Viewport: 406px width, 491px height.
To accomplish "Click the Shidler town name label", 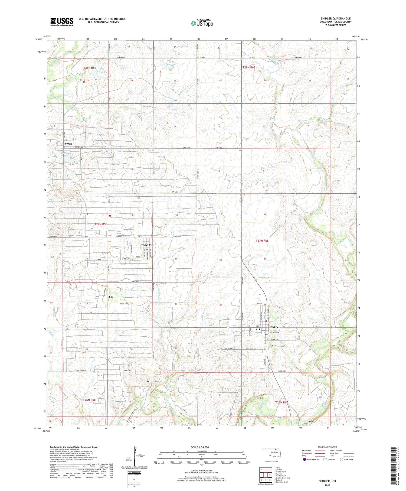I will click(275, 327).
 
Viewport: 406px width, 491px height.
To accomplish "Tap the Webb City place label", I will click(147, 245).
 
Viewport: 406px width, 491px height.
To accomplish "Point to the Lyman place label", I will click(68, 144).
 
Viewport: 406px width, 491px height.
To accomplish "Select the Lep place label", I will click(111, 297).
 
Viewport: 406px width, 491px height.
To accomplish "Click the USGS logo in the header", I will click(62, 22).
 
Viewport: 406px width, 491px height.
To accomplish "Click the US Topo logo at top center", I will click(202, 23).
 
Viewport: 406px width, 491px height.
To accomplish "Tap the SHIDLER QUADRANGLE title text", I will click(336, 18).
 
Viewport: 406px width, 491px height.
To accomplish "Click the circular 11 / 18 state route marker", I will click(270, 367).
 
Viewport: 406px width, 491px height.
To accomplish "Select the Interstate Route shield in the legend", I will click(304, 460).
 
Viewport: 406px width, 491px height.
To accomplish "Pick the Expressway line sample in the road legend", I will click(319, 451).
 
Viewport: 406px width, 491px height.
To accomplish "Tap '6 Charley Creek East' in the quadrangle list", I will click(282, 478).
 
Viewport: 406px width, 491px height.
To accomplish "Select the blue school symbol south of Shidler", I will click(267, 338).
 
